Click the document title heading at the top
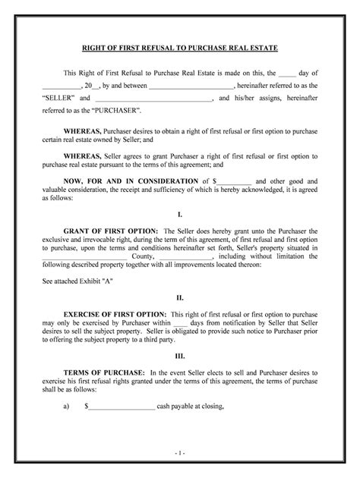[x=180, y=48]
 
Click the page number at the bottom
[x=179, y=452]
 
